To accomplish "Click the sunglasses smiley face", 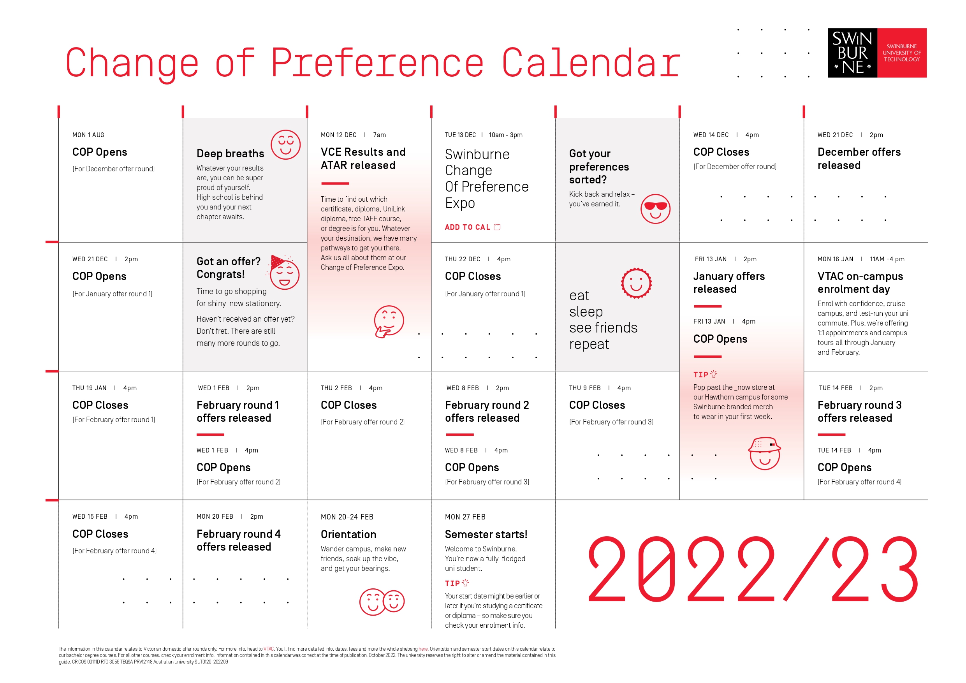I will point(655,209).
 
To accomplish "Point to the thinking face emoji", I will point(388,322).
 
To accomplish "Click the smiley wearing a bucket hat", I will point(764,454).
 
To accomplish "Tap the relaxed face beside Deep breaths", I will point(285,144).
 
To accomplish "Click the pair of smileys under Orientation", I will point(382,601).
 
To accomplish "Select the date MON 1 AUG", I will point(88,135).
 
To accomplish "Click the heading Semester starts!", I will point(486,535).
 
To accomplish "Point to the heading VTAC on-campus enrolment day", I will point(860,282).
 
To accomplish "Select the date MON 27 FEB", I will point(465,517).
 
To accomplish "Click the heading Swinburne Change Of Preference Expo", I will point(486,178).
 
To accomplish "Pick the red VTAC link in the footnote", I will point(268,649).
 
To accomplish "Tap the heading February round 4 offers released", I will point(238,540).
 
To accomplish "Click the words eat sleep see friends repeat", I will point(603,320).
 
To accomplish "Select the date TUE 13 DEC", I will point(460,135).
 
